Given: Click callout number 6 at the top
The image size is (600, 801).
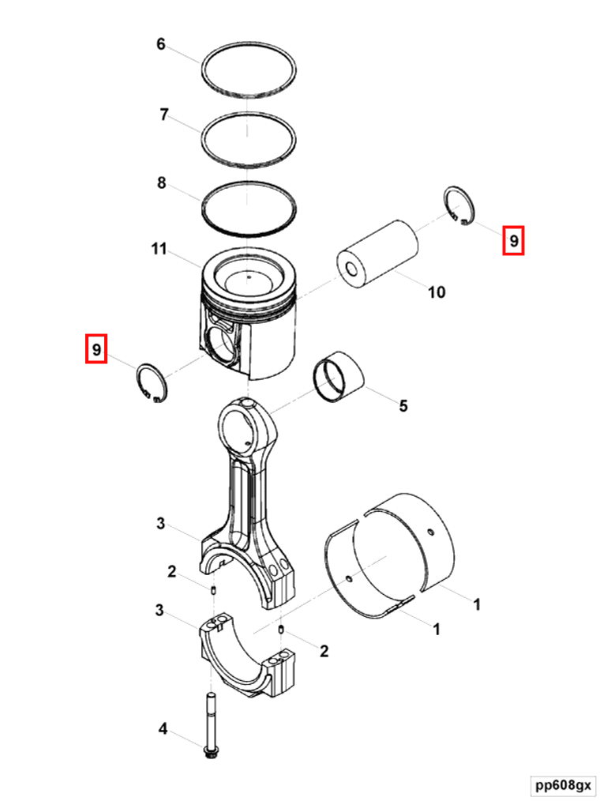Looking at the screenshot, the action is [160, 44].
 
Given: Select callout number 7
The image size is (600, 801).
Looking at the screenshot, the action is [164, 114].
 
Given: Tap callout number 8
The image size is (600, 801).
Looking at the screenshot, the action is [161, 182].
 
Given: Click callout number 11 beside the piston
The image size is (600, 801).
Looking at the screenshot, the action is [159, 249].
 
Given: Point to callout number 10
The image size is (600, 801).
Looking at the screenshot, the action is [436, 292].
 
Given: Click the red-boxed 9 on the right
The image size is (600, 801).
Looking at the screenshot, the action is [513, 240].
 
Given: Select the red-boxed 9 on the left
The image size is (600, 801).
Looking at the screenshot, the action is [96, 349].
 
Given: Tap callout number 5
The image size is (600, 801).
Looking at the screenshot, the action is [403, 405].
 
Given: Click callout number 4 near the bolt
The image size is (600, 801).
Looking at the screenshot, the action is [163, 728].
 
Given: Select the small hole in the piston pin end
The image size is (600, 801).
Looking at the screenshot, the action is [351, 269].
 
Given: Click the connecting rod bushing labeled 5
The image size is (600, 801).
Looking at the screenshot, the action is [338, 377].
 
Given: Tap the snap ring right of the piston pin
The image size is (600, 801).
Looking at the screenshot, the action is [459, 205].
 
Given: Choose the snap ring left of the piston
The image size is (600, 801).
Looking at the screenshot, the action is [152, 382].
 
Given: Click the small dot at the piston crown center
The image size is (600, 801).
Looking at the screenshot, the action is [248, 277].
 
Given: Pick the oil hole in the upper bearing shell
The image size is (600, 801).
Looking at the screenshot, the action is [431, 532].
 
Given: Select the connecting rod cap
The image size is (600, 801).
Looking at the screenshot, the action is [247, 655].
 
